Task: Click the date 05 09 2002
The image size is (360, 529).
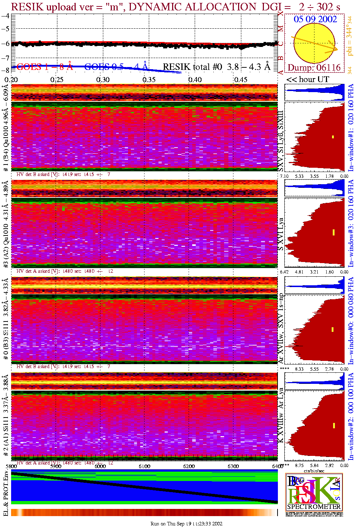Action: (x=315, y=19)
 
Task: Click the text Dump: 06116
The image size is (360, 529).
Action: (x=314, y=67)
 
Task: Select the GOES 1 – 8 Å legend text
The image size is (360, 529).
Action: (x=44, y=67)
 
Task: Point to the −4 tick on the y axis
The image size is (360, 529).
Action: (x=6, y=16)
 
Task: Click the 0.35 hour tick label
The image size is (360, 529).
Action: (x=149, y=79)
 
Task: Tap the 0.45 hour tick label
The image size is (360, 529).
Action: (x=240, y=79)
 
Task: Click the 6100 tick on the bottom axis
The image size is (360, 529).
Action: (x=145, y=466)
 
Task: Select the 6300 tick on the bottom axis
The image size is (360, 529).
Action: (x=233, y=466)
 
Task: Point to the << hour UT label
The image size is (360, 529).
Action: (x=308, y=79)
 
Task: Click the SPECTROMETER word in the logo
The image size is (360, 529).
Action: (x=314, y=506)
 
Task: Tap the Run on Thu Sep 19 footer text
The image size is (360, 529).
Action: (x=186, y=524)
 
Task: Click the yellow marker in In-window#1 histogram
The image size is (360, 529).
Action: (x=333, y=137)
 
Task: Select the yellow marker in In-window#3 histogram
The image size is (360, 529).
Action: (x=333, y=232)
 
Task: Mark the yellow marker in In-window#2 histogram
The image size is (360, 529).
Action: (x=334, y=425)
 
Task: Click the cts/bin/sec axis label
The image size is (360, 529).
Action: (x=314, y=471)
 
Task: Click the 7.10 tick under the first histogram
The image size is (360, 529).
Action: (x=284, y=176)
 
